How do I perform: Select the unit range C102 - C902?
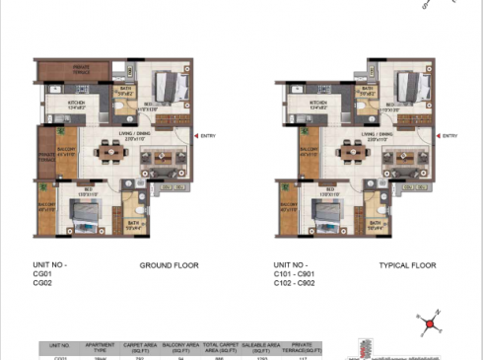(302, 284)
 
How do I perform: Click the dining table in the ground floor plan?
(104, 152)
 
